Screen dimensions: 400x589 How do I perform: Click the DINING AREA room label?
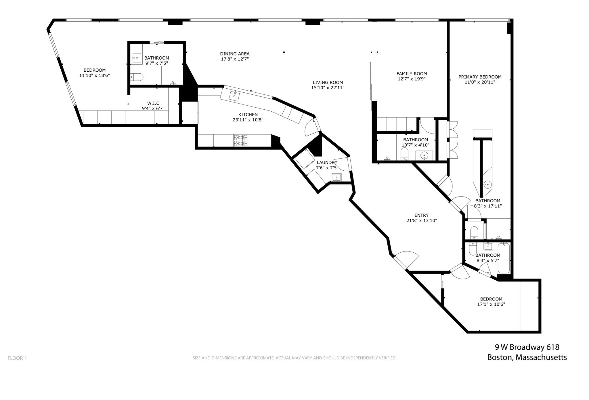coord(235,54)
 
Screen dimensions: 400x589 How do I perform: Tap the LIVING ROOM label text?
coord(328,83)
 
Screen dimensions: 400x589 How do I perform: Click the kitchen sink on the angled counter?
coord(234,96)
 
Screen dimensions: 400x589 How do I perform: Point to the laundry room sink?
coord(336,177)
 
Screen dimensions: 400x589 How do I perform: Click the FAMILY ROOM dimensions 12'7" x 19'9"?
coord(412,79)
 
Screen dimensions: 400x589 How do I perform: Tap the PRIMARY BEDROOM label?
coord(480,77)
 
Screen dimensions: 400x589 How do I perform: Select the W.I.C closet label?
coord(153,103)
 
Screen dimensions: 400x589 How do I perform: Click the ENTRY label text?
coord(421,215)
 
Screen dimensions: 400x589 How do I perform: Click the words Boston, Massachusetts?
coord(527,357)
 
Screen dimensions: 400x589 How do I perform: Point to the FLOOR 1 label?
coord(17,358)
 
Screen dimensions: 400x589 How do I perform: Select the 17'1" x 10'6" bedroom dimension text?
coord(491,304)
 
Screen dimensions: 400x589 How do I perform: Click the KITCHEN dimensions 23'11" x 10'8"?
coord(248,120)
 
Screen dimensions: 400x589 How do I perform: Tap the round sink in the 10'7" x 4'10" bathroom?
coord(424,155)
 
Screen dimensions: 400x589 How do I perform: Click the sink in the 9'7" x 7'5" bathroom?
coord(136,58)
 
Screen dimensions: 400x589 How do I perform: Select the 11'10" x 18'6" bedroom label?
coord(94,70)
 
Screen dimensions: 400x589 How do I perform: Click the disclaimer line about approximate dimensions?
coord(294,358)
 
